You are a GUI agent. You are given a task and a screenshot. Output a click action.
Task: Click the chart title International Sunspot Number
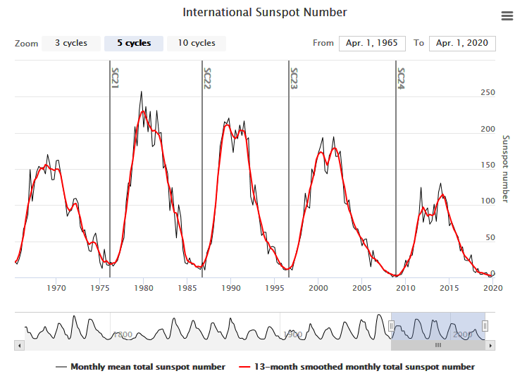264,13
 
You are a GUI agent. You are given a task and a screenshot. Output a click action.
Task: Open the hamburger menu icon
507,16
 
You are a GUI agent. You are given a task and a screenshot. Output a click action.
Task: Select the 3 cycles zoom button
71,44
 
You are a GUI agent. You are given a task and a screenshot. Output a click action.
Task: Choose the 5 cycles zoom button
134,44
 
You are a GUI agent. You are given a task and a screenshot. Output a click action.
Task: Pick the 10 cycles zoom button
197,44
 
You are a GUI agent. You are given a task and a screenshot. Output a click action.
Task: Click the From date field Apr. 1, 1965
372,44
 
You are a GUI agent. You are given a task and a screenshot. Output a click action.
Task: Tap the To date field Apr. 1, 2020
462,44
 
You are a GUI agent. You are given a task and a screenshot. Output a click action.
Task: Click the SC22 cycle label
207,77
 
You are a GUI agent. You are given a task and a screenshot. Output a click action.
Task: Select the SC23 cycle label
294,77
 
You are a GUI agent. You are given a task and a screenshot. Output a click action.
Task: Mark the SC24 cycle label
401,77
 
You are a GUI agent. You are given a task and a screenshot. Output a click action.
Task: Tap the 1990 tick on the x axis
231,287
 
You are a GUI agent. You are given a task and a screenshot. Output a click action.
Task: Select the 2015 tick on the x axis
449,287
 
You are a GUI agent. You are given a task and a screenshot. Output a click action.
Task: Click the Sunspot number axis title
504,169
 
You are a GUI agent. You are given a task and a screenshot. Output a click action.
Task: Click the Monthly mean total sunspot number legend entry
140,367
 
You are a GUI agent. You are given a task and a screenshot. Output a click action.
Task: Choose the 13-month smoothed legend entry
356,367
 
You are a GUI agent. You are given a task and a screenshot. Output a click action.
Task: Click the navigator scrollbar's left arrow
20,346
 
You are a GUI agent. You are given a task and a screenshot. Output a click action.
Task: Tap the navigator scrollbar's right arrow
491,346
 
